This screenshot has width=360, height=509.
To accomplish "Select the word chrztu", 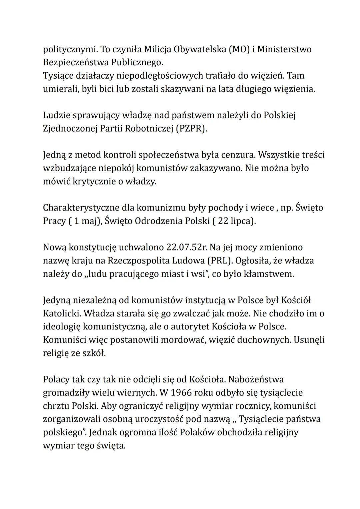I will point(56,406).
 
